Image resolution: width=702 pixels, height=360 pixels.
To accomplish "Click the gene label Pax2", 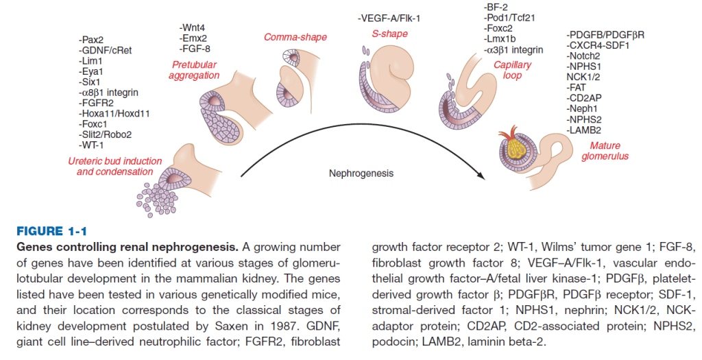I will tap(92, 40).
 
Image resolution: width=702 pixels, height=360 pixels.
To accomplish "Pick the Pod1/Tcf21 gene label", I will tap(509, 18).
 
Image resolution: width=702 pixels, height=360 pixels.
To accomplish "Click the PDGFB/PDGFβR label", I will tap(605, 35).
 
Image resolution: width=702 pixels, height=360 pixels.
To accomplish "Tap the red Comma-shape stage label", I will tap(295, 37).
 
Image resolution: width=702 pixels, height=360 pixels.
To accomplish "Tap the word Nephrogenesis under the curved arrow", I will tap(362, 173).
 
